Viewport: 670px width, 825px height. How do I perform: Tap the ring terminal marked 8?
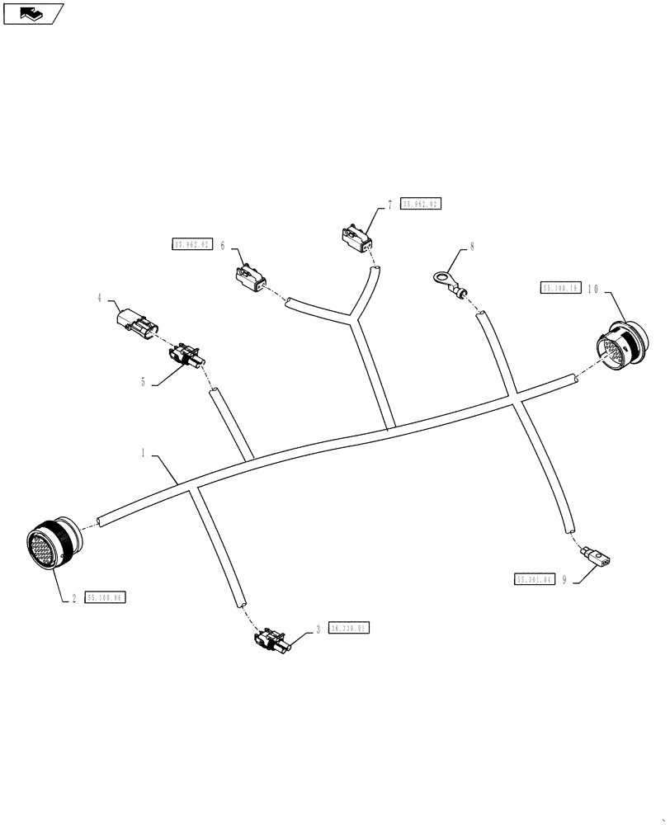click(445, 280)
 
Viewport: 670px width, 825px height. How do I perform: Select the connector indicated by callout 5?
click(186, 356)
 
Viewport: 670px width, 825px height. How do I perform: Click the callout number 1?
click(143, 453)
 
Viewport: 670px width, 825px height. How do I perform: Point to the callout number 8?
click(472, 246)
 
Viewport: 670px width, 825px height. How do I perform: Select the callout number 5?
click(143, 382)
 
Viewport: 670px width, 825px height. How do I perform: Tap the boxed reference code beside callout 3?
click(349, 629)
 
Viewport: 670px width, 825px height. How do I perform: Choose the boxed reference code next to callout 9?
click(533, 580)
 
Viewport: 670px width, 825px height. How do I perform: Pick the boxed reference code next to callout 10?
click(560, 289)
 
